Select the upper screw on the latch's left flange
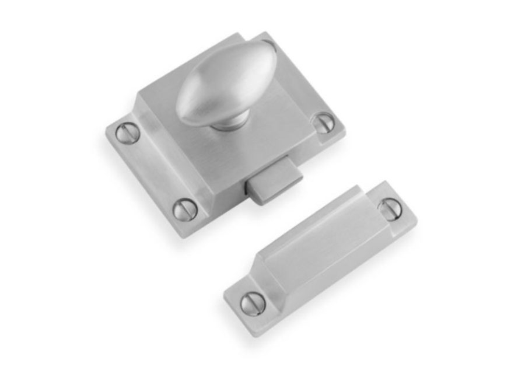pyautogui.click(x=127, y=134)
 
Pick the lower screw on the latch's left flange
pyautogui.click(x=185, y=209)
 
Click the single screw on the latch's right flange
pyautogui.click(x=324, y=123)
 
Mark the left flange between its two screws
pyautogui.click(x=153, y=170)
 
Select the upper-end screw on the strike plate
pyautogui.click(x=389, y=208)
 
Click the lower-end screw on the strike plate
pyautogui.click(x=253, y=303)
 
